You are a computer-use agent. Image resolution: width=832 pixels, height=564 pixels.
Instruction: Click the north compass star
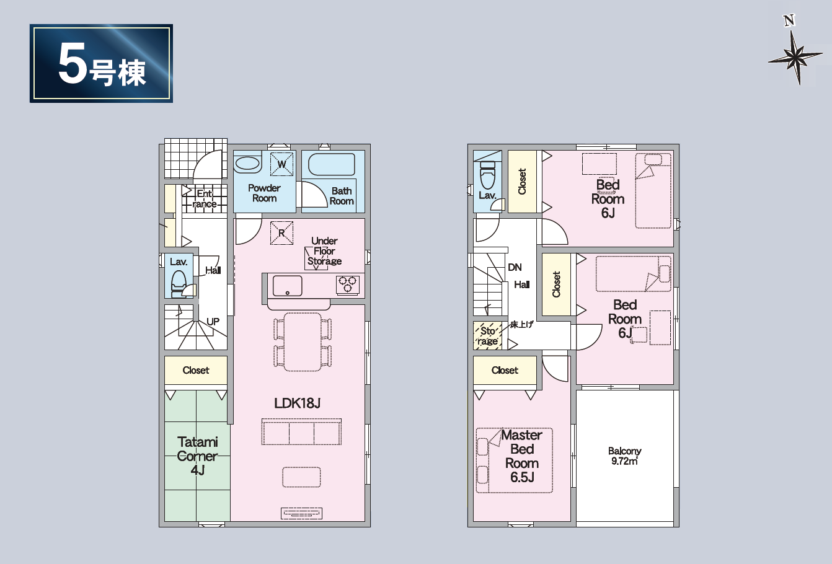[795, 58]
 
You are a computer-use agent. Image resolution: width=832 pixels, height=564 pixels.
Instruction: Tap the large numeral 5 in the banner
[72, 64]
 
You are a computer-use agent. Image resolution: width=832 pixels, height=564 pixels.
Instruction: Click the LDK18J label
[297, 403]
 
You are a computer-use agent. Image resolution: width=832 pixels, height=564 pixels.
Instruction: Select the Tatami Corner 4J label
[197, 456]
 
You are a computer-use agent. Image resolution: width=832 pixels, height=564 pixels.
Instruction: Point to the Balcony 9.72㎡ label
[624, 456]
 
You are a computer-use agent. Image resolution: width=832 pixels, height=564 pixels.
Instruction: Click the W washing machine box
[281, 164]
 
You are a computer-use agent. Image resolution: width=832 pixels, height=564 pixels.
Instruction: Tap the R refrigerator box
[281, 233]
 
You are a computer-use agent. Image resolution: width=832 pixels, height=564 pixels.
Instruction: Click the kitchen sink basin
[288, 286]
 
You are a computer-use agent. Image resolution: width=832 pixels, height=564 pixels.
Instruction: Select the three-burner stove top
[348, 284]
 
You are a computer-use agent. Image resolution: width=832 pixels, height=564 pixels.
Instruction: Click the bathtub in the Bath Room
[331, 164]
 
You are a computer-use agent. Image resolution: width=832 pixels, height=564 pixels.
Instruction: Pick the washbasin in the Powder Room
[247, 164]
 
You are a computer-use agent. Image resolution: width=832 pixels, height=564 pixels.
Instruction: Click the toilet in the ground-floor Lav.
[179, 283]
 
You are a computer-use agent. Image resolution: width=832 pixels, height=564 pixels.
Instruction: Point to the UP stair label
[213, 322]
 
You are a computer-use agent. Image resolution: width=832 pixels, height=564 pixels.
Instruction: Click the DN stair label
[515, 267]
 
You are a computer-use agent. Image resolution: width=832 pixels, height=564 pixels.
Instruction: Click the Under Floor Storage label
[324, 251]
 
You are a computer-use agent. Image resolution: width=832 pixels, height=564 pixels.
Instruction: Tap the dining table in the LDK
[303, 342]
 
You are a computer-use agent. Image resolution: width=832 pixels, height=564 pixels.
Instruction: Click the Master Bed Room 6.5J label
[522, 456]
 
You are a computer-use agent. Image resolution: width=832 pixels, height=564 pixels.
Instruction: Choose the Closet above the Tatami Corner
[196, 370]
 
